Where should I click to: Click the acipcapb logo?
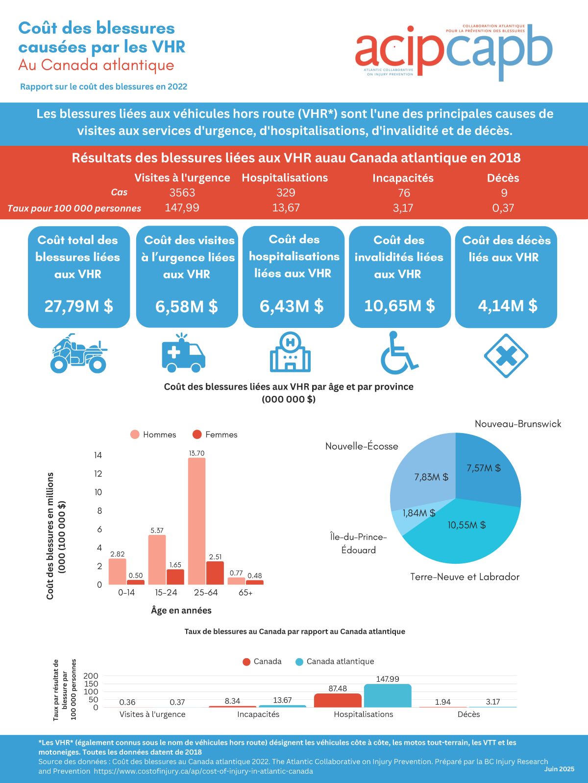454,51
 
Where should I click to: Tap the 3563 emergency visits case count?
182,193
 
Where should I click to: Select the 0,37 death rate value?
503,208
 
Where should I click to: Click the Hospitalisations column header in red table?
285,178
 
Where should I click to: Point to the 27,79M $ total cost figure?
79,306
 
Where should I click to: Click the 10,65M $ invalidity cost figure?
399,306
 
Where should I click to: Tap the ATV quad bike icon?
78,353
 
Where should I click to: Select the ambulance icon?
183,353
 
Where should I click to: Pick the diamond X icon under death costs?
506,355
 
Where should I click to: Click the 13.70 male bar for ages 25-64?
196,521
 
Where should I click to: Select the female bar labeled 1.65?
175,577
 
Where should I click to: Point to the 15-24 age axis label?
166,593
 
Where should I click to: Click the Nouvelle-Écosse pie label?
362,446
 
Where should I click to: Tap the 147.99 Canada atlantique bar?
388,695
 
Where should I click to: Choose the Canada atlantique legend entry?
335,662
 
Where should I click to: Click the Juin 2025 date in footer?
559,769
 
